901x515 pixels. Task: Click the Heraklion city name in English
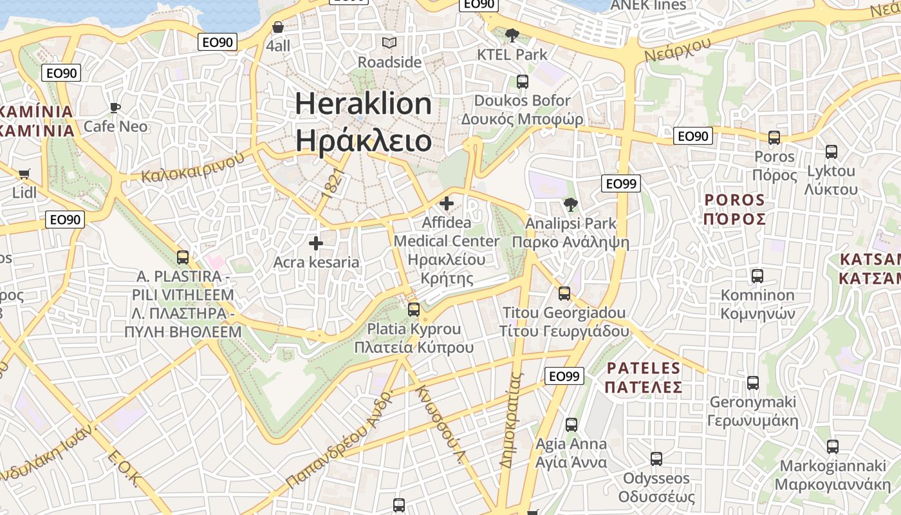(364, 104)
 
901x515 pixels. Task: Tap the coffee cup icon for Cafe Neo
(115, 108)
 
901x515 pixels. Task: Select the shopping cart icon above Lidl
(24, 174)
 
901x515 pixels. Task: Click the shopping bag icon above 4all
(278, 27)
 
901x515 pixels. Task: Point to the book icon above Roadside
(389, 43)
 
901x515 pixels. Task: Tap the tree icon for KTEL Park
(512, 35)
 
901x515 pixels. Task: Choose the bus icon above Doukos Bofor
(522, 82)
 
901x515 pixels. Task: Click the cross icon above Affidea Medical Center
(446, 204)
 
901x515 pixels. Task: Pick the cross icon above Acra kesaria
(316, 243)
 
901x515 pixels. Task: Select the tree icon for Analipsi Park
(570, 205)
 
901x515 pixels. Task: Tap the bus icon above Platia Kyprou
(414, 310)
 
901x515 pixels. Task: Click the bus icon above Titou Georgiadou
(564, 294)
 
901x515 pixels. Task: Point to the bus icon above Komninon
(757, 276)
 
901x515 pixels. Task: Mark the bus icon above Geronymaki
(753, 383)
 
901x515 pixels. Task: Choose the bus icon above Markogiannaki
(833, 447)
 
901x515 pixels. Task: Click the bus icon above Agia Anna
(571, 425)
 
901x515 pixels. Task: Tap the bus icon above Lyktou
(831, 152)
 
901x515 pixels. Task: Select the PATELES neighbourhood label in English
(644, 368)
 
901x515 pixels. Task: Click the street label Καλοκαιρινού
(194, 167)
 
